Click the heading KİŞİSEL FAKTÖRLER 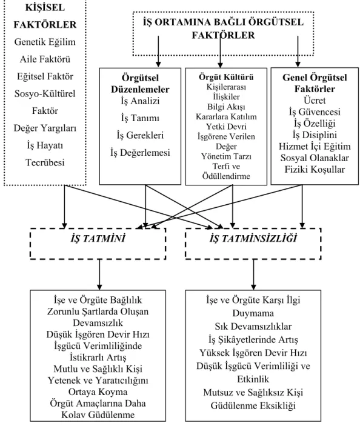coord(45,16)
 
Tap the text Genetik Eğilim coord(45,42)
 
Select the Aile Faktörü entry coord(45,59)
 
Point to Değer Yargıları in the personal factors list coord(45,128)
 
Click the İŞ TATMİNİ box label coord(98,239)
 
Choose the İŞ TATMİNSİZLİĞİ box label coord(253,239)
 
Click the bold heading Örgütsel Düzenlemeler coord(140,84)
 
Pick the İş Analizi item coord(140,101)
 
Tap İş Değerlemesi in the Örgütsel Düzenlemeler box coord(140,153)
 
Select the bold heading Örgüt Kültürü coord(226,77)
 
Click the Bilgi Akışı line coord(226,107)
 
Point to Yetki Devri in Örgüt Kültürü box coord(226,127)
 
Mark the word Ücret coord(315,100)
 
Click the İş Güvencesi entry coord(315,111)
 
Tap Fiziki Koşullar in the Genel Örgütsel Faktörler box coord(315,169)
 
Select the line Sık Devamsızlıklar coord(253,326)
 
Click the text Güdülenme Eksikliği coord(253,405)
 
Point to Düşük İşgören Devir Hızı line coord(98,334)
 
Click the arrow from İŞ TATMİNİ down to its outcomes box coord(99,274)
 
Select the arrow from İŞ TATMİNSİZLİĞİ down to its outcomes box coord(253,274)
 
